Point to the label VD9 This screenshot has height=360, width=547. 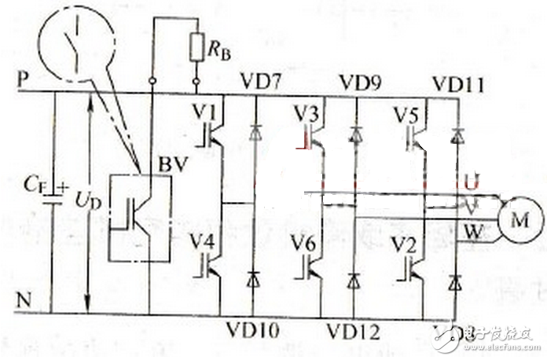359,81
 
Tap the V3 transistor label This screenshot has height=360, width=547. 308,112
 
